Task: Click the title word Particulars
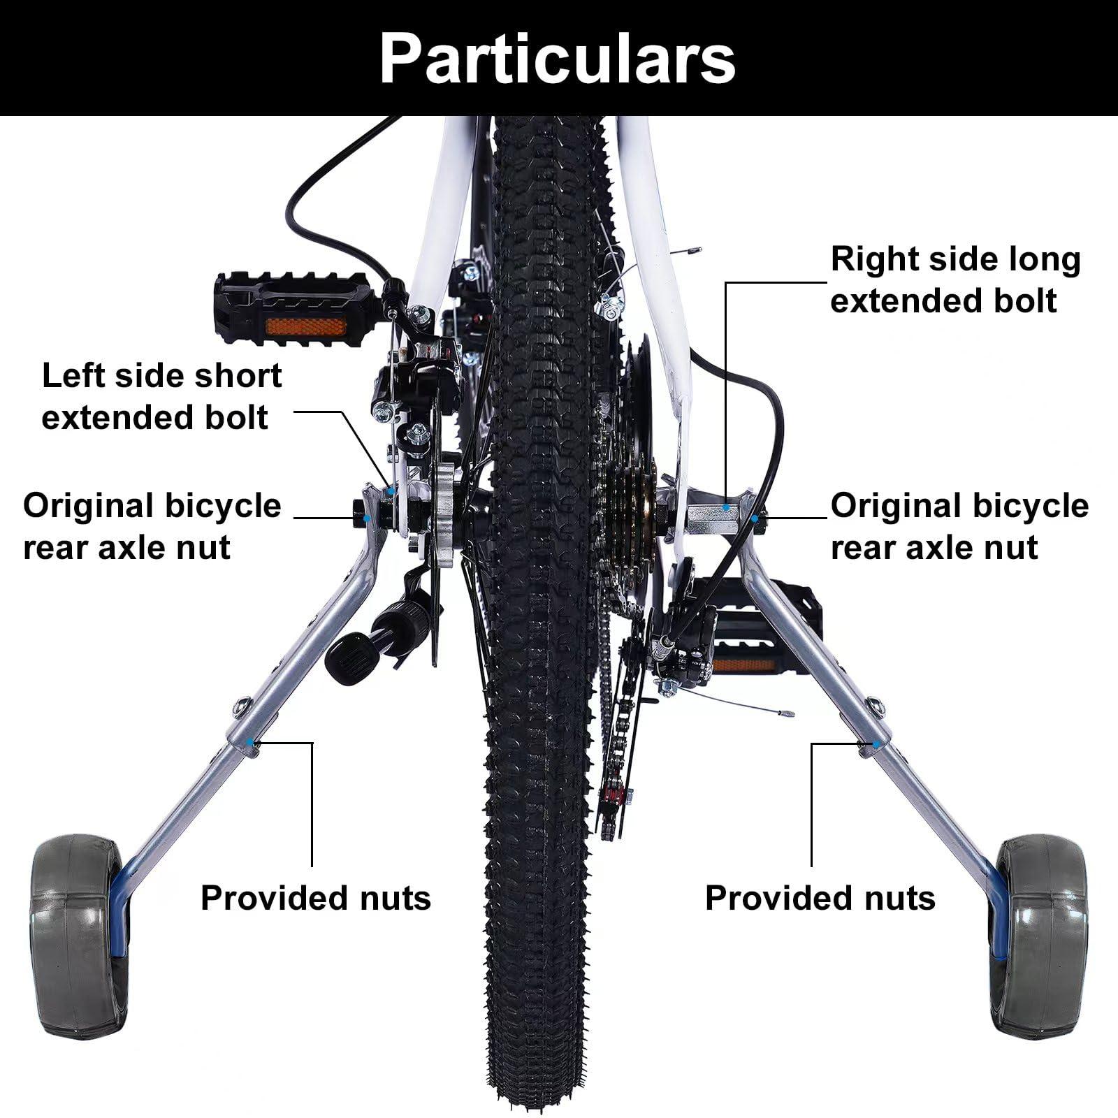[x=557, y=59]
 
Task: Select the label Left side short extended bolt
[x=161, y=396]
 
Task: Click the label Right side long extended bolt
[x=955, y=279]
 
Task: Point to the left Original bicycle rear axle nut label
[x=152, y=525]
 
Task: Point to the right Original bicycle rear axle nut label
[x=959, y=525]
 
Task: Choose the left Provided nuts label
[x=315, y=898]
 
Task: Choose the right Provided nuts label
[x=820, y=898]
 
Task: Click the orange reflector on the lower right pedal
[x=743, y=664]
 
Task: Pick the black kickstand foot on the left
[x=347, y=657]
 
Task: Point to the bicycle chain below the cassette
[x=615, y=734]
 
